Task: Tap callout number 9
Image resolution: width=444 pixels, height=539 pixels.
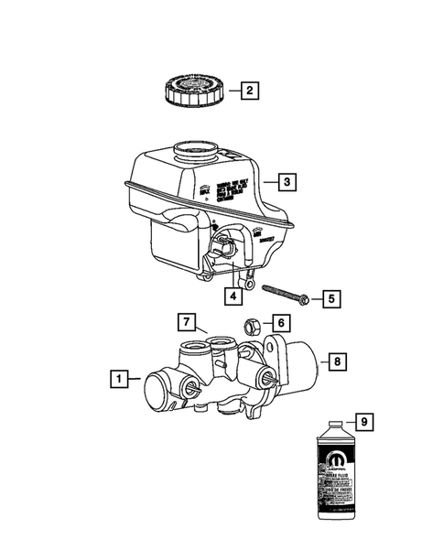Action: pos(363,422)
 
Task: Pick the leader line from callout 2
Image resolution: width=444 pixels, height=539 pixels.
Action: pos(230,91)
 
